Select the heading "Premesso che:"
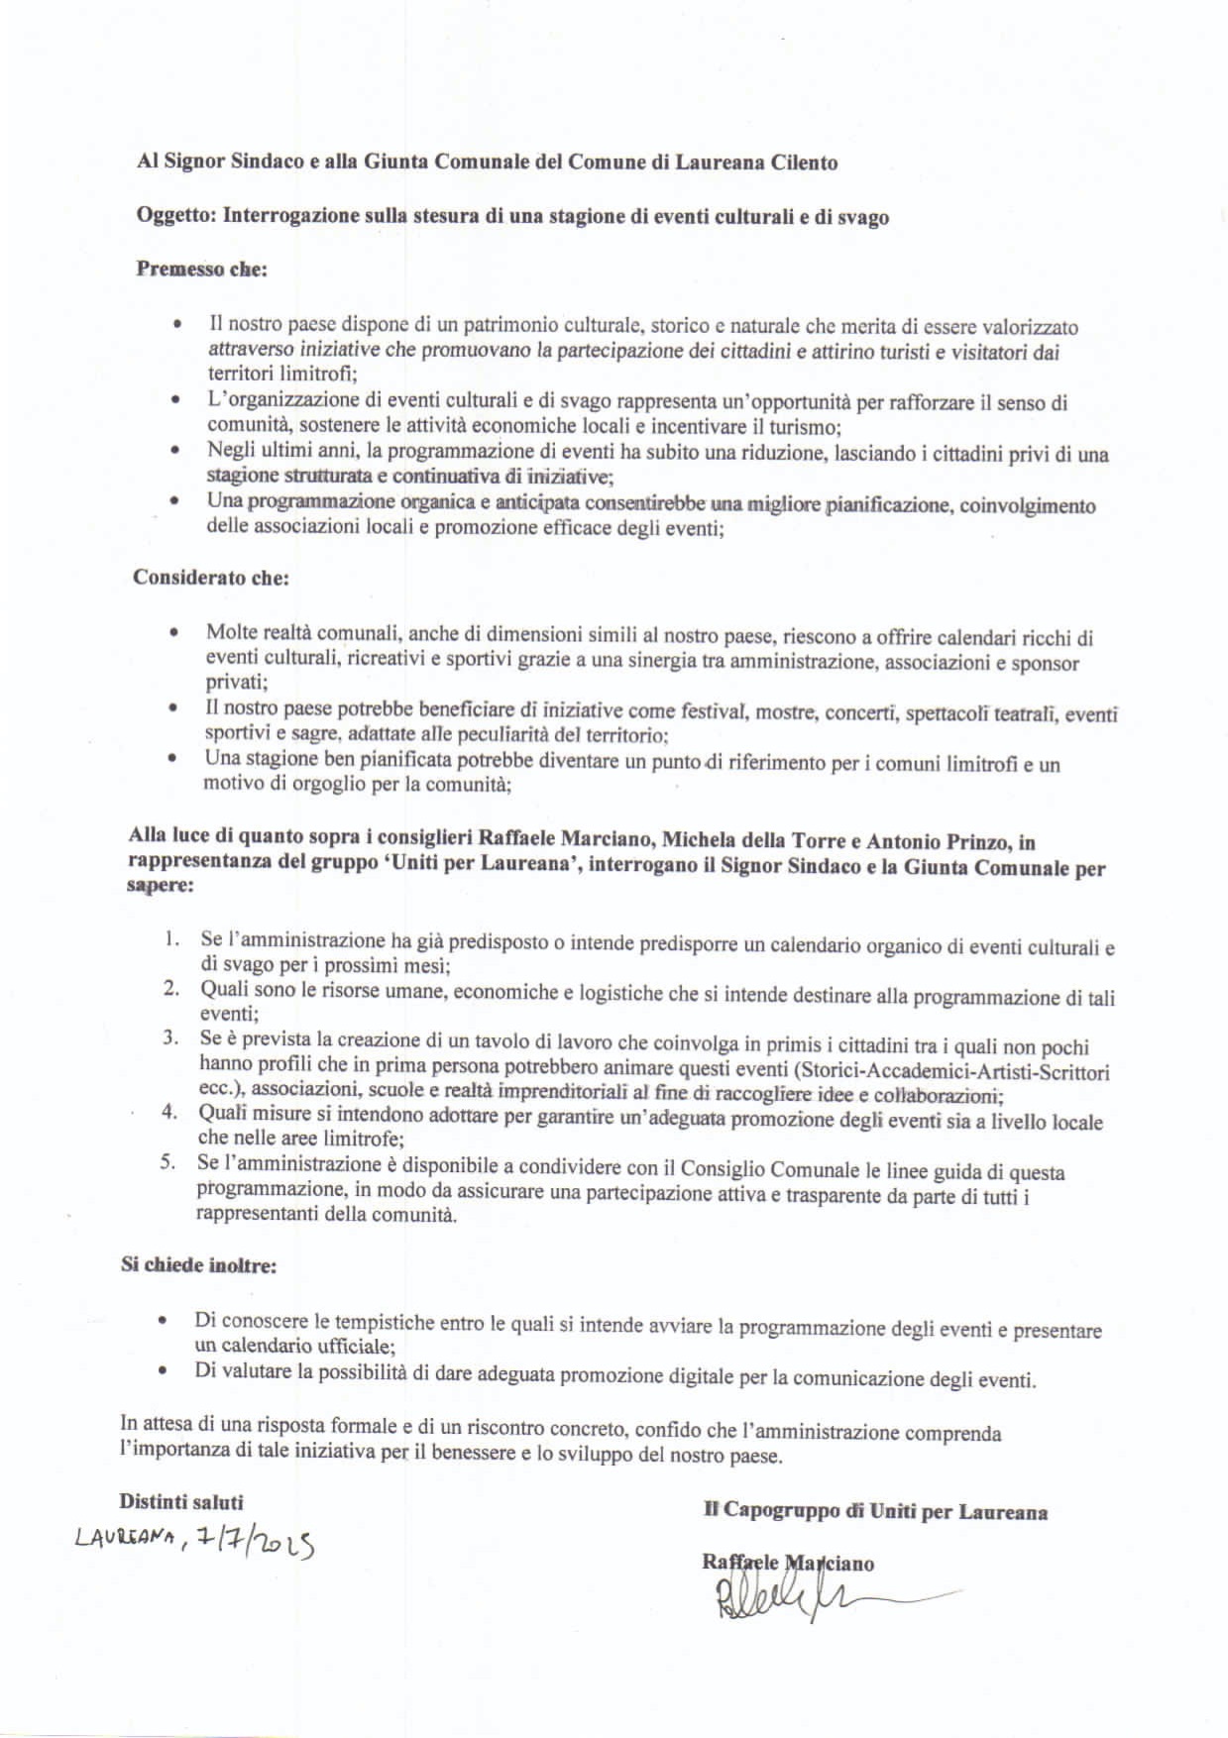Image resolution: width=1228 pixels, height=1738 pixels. (201, 270)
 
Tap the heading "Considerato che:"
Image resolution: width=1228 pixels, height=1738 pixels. (210, 577)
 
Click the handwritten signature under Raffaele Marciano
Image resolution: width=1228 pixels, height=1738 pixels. (793, 1598)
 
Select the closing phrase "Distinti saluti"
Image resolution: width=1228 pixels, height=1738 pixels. (180, 1502)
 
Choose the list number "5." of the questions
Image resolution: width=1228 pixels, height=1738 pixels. (167, 1162)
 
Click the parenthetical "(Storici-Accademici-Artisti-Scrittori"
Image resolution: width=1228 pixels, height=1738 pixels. (951, 1072)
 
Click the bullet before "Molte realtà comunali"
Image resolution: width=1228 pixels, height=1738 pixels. (174, 631)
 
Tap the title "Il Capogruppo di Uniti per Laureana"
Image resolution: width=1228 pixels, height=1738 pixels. (875, 1511)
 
